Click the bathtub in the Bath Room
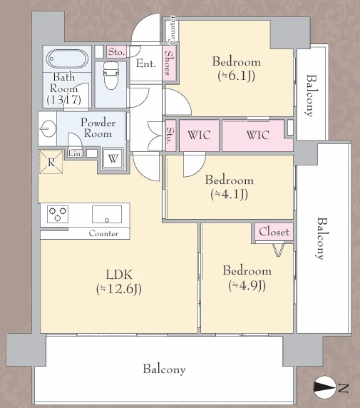[x=67, y=58]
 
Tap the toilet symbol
[x=110, y=76]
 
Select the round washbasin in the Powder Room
[x=48, y=128]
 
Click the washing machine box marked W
[x=113, y=158]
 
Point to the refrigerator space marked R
[x=51, y=162]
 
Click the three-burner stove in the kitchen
[x=58, y=214]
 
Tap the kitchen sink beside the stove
[x=107, y=215]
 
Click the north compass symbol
[x=324, y=387]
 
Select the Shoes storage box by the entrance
[x=170, y=63]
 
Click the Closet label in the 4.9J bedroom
[x=274, y=231]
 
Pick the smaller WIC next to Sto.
[x=199, y=136]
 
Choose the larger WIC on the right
[x=257, y=136]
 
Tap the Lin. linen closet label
[x=76, y=153]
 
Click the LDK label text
[x=119, y=275]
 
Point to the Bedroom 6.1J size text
[x=236, y=76]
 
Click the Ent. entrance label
[x=146, y=63]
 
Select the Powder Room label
[x=98, y=128]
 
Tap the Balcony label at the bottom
[x=164, y=369]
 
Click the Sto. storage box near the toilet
[x=116, y=52]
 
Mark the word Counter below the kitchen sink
[x=103, y=233]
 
